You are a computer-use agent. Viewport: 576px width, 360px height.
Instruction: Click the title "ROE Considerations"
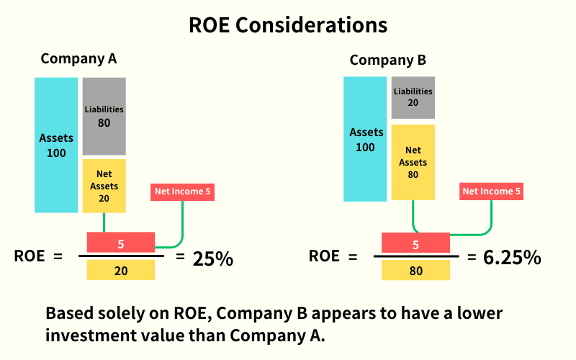click(288, 24)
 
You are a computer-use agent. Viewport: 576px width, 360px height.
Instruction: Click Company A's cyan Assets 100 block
click(56, 145)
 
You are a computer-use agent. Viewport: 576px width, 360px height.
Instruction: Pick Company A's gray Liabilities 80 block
click(104, 116)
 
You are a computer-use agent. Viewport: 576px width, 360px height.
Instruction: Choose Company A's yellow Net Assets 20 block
click(104, 186)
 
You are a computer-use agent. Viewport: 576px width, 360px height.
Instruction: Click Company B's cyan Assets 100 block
click(365, 139)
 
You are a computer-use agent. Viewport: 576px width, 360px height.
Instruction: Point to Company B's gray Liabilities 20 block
click(413, 97)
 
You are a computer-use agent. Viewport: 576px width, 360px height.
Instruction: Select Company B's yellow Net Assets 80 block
click(413, 162)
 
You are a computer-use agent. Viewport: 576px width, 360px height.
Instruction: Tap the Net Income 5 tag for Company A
click(183, 192)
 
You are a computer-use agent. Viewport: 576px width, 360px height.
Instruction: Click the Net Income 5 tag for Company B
click(492, 192)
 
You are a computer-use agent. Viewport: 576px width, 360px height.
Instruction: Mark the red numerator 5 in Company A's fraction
click(120, 243)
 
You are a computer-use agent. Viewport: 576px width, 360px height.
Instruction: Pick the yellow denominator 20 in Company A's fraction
click(120, 270)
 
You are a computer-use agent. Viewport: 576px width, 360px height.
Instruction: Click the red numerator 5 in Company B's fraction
click(415, 243)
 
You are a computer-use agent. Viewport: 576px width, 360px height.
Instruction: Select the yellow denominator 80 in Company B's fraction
click(415, 270)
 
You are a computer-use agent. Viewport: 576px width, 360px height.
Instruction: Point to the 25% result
click(213, 258)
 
